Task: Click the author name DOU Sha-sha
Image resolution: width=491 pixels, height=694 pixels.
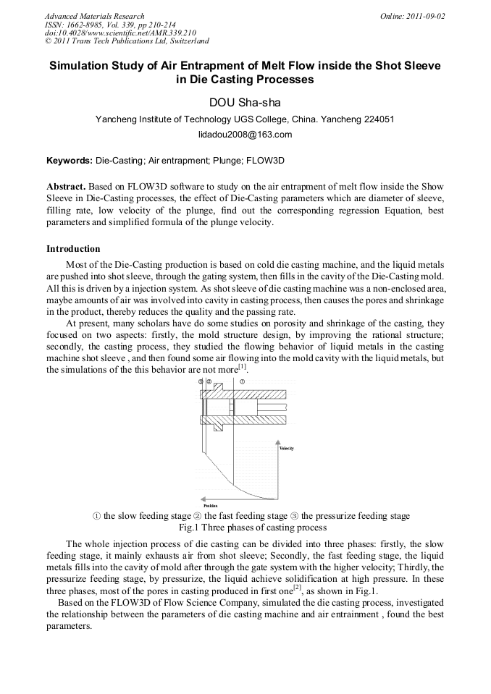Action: coord(245,102)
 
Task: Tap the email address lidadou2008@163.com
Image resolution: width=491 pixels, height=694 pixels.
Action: coord(245,135)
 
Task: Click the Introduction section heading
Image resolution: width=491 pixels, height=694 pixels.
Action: coord(73,249)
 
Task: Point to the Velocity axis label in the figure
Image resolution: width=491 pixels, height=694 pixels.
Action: coord(286,449)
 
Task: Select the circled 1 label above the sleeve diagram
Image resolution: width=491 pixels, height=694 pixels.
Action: coord(243,381)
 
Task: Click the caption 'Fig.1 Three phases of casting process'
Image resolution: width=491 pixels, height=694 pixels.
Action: coord(245,527)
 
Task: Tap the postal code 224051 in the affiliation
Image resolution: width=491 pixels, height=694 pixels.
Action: coord(379,119)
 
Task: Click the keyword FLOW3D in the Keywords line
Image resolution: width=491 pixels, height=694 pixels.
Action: coord(267,159)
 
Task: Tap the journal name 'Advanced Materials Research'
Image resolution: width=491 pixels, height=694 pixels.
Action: coord(94,16)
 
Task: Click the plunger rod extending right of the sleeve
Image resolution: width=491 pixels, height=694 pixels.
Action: coord(273,407)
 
